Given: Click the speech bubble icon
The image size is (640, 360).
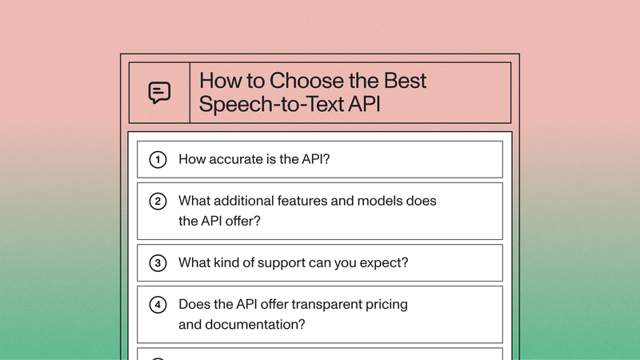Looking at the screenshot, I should [159, 93].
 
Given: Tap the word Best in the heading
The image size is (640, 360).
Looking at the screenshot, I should [402, 82].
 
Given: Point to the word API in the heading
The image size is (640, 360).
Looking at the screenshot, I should [354, 106].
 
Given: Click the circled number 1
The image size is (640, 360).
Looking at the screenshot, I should [158, 159].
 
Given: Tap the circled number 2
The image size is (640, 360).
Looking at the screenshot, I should [158, 202].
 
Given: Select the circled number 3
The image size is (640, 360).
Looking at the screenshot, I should [158, 262].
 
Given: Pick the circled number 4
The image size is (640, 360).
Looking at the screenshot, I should [158, 305].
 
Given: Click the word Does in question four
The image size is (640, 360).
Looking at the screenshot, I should [194, 304].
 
